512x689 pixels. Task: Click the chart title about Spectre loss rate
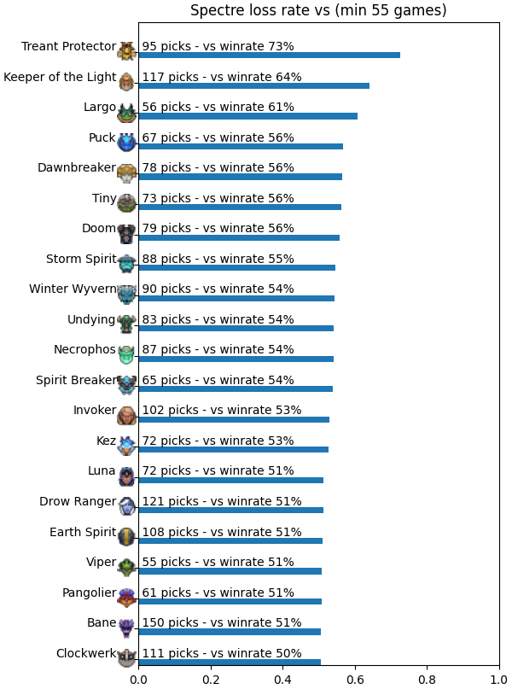coord(318,9)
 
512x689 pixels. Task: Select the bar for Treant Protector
coord(269,55)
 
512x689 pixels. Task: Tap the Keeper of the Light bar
coord(253,85)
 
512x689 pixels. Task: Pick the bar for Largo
coord(248,116)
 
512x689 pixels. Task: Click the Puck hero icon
coord(127,143)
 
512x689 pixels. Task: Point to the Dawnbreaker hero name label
coord(77,167)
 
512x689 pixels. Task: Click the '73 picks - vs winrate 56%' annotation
coord(218,198)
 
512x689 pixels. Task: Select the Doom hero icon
coord(127,233)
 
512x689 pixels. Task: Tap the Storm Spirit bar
coord(237,267)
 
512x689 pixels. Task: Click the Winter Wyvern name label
coord(73,289)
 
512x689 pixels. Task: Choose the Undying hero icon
coord(127,324)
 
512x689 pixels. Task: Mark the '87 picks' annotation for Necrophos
coord(167,349)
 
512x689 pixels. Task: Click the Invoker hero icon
coord(127,415)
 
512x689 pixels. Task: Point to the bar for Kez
coord(234,450)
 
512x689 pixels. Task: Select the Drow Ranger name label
coord(78,501)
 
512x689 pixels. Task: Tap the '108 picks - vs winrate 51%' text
coord(222,532)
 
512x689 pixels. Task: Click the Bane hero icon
coord(127,628)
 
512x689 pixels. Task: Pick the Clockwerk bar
coord(230,663)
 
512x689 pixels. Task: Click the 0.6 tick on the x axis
coord(355,680)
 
